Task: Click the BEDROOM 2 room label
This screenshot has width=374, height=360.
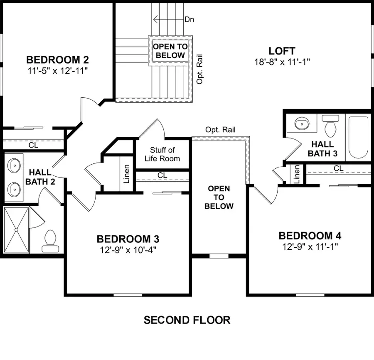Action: coord(57,59)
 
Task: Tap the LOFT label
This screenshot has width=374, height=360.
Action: coord(282,51)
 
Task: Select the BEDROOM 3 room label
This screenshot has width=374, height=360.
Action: coord(128,239)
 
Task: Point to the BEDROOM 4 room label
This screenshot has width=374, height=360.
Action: coord(310,236)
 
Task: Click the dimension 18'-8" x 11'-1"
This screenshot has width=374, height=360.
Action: coord(283,62)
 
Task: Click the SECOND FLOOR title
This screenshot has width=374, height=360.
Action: coord(187,320)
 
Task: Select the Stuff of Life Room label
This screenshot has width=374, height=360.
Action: coord(162,154)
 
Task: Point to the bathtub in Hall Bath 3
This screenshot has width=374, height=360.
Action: coord(358,138)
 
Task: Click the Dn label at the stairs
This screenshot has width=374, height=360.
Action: coord(189,19)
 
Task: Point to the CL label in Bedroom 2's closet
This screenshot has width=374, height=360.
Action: coord(33,145)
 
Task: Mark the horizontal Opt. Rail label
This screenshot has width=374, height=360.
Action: coord(220,130)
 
